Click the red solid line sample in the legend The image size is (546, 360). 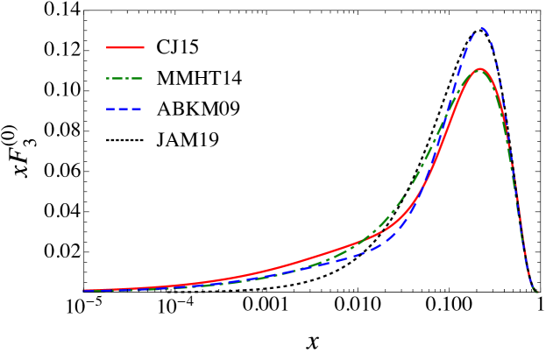pos(125,47)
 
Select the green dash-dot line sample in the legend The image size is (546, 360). pos(125,78)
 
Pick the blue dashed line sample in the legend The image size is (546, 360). pos(124,109)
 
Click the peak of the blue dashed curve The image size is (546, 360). pos(480,28)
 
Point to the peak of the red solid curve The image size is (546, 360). pos(480,68)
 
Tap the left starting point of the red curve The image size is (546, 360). pos(84,290)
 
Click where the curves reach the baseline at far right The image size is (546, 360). pos(536,292)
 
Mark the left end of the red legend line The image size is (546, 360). pos(107,47)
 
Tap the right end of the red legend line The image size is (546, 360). pos(144,47)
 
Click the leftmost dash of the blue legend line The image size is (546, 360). pos(111,109)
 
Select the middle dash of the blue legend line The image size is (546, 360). pos(124,109)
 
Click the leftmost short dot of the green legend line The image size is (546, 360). pos(109,78)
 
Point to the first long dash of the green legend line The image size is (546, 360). pos(117,78)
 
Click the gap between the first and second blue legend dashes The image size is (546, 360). pos(117,109)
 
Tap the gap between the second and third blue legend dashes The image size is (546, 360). pos(131,109)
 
